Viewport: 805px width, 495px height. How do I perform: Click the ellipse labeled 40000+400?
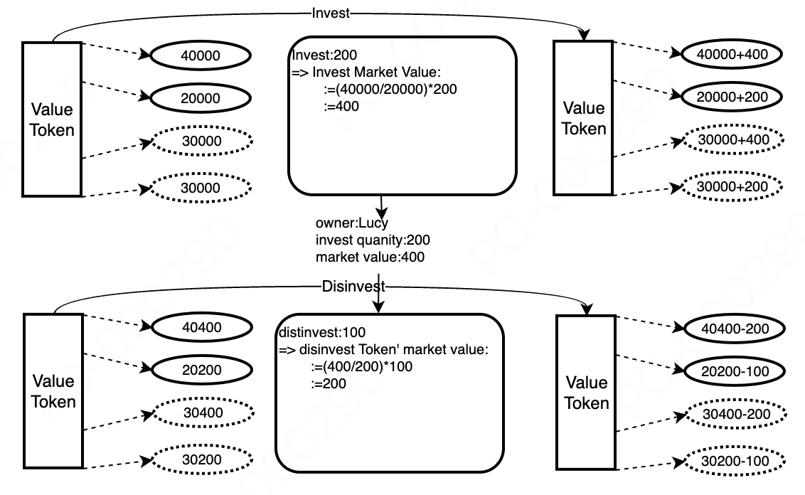732,54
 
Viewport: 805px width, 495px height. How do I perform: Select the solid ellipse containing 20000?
201,99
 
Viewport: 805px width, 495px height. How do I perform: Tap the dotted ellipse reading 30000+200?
732,186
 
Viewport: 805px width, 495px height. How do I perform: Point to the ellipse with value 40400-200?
735,328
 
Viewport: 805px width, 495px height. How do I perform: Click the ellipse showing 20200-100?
735,371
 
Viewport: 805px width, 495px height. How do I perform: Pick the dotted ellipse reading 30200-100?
735,460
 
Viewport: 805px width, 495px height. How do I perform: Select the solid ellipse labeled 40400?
201,328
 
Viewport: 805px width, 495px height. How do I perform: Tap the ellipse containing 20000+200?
732,97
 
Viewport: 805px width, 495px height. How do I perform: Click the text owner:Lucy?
352,223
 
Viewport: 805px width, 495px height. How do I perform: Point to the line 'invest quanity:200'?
373,240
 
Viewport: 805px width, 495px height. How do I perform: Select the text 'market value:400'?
370,257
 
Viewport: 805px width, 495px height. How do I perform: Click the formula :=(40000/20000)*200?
388,90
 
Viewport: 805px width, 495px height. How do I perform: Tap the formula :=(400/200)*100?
361,367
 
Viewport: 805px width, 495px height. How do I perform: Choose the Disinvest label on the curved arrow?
353,287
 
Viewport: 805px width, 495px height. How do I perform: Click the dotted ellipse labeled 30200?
201,459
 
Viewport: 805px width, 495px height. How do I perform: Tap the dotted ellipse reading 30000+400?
732,140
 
